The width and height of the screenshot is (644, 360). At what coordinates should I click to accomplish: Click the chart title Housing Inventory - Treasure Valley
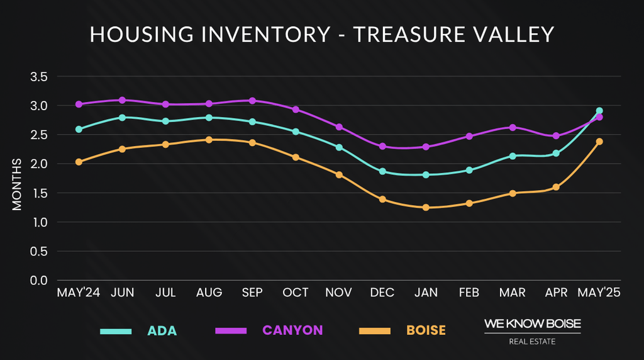(x=322, y=34)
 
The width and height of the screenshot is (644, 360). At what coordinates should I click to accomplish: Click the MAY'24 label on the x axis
(x=79, y=293)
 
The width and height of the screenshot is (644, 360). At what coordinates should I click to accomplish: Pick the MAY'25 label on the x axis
(x=599, y=293)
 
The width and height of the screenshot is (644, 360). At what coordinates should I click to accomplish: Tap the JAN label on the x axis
(x=426, y=293)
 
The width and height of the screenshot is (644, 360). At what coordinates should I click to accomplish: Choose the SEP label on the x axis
(x=252, y=293)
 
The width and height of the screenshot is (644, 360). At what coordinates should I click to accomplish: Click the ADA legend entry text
(x=162, y=330)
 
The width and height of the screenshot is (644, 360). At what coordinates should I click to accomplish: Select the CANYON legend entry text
(x=292, y=330)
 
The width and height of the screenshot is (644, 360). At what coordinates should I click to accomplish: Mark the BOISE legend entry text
(x=426, y=330)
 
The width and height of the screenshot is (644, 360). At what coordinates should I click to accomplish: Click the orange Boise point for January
(x=426, y=207)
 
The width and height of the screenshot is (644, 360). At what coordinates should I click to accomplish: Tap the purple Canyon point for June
(x=122, y=100)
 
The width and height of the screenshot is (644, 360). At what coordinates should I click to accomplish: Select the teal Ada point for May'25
(x=599, y=111)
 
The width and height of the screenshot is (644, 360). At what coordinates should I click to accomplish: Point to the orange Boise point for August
(x=209, y=140)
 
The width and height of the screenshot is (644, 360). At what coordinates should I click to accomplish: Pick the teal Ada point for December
(x=382, y=171)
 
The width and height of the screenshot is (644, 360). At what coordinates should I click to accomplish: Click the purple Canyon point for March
(x=513, y=127)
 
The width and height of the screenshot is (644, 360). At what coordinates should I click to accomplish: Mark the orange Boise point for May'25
(x=599, y=142)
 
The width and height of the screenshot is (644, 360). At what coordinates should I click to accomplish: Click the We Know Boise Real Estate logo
(x=532, y=331)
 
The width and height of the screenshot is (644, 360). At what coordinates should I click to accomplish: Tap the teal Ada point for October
(x=296, y=132)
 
